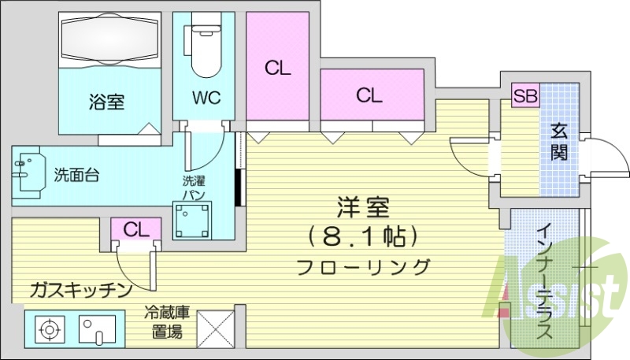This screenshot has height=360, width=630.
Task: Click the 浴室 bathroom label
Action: click(x=106, y=102)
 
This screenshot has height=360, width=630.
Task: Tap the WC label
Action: click(x=206, y=97)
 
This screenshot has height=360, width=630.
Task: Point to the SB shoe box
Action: click(x=526, y=95)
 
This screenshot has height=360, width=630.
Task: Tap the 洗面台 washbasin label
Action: click(x=76, y=175)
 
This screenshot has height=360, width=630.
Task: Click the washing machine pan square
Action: click(x=192, y=221)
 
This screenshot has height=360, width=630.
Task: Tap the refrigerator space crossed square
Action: click(x=216, y=329)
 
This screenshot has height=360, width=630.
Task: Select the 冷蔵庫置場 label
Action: click(x=167, y=323)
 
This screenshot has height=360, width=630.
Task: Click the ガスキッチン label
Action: click(x=81, y=290)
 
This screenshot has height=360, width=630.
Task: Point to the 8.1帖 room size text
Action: click(x=363, y=236)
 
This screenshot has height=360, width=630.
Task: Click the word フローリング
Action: click(x=363, y=267)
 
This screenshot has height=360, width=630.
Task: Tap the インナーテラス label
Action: click(x=545, y=282)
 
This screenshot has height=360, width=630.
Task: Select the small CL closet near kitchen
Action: click(x=136, y=229)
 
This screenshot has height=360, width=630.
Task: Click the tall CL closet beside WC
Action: click(x=277, y=66)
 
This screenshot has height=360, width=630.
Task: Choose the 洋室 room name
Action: click(x=363, y=207)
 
